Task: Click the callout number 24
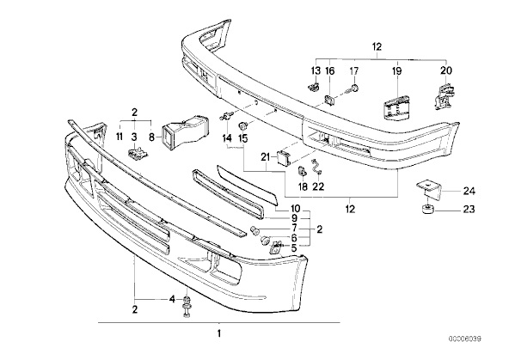[469, 192]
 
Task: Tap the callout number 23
[469, 209]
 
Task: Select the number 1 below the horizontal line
[219, 333]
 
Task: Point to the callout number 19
[396, 70]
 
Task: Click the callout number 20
[446, 70]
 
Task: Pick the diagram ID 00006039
[465, 339]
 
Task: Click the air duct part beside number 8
[185, 133]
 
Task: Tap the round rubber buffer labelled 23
[428, 208]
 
